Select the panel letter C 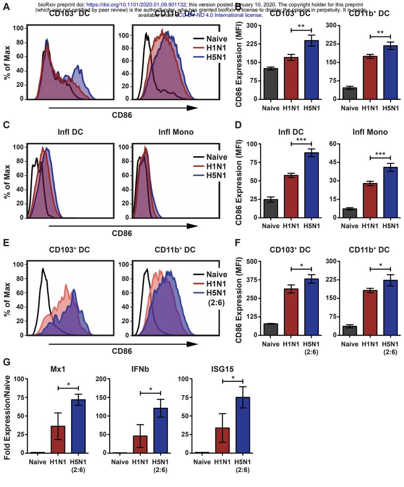6,124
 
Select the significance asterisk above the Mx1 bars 68,384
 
